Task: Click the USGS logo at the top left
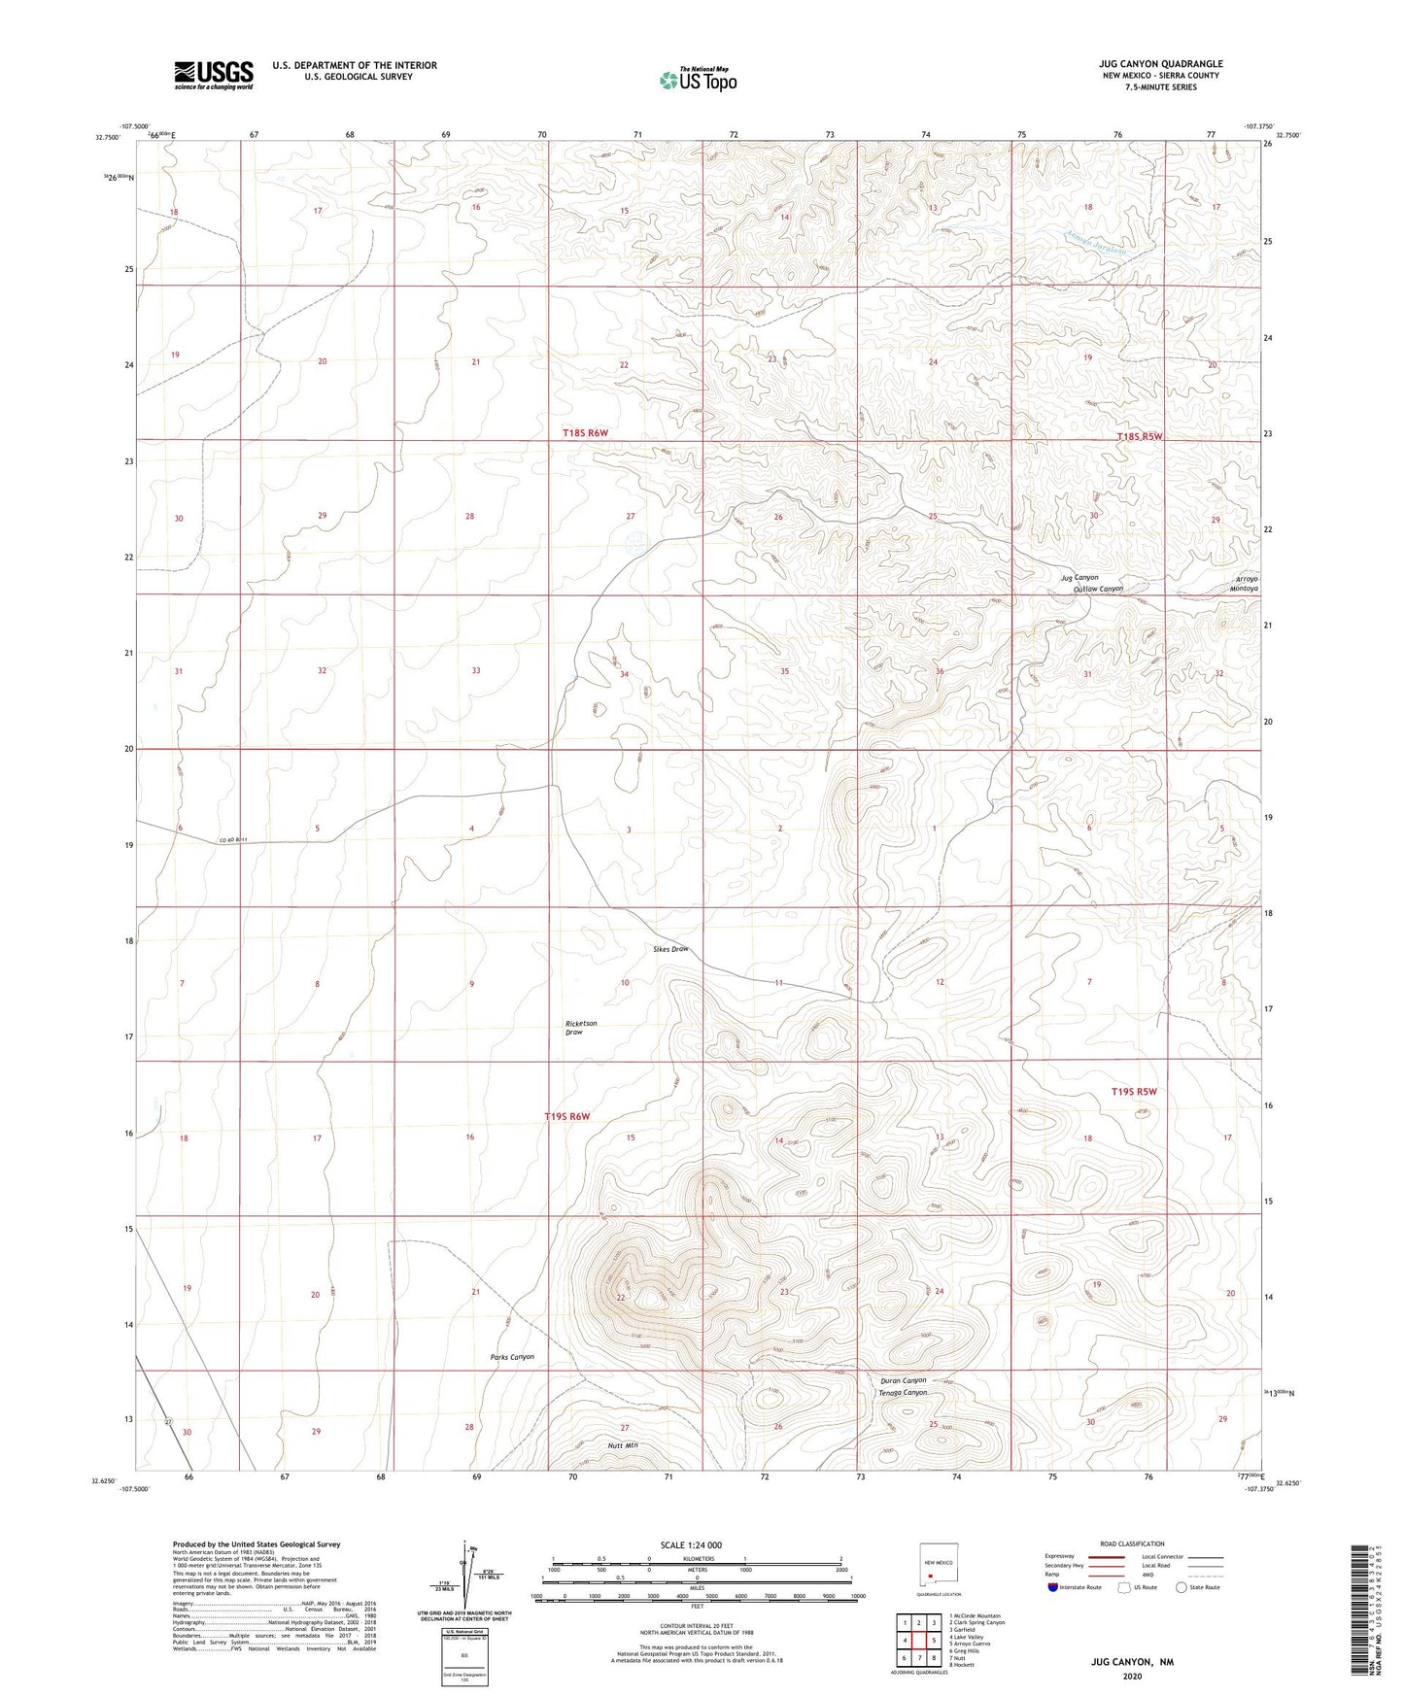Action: pyautogui.click(x=214, y=75)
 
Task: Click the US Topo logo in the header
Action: pyautogui.click(x=698, y=80)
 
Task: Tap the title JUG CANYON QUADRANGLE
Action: pyautogui.click(x=1160, y=64)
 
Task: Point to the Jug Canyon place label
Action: pyautogui.click(x=1079, y=578)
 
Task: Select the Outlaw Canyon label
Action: pyautogui.click(x=1098, y=589)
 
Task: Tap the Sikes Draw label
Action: pyautogui.click(x=670, y=949)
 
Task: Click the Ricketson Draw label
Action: pyautogui.click(x=580, y=1028)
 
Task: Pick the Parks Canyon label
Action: pyautogui.click(x=512, y=1357)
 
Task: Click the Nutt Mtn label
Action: pyautogui.click(x=622, y=1445)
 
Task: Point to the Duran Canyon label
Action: pyautogui.click(x=903, y=1380)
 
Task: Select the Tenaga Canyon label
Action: pyautogui.click(x=903, y=1393)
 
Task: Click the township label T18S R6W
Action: pyautogui.click(x=585, y=432)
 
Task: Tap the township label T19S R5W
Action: pyautogui.click(x=1135, y=1092)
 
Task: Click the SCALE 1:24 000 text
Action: pyautogui.click(x=691, y=1545)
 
